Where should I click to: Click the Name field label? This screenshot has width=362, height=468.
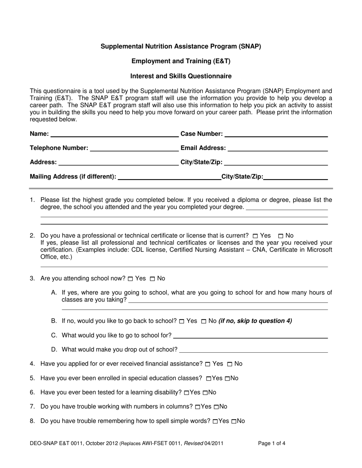39,134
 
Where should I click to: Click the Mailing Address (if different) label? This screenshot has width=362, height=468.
73,176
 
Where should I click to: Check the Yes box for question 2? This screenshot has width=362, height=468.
255,236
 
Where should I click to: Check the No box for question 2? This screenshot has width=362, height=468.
281,236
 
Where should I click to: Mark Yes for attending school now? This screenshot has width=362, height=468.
130,279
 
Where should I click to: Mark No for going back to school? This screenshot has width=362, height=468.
203,322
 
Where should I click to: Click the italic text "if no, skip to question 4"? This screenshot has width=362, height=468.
255,321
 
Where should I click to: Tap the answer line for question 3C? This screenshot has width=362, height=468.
250,337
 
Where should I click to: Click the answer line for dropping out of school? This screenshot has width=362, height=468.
253,351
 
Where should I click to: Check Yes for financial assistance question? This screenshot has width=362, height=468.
208,364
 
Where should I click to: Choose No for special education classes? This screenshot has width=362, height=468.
227,379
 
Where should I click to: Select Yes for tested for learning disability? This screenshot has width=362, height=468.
186,393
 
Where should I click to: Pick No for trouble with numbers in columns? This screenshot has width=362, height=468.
216,407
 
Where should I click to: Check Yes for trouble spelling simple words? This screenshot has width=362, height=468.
215,422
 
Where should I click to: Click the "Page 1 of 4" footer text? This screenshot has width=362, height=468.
271,443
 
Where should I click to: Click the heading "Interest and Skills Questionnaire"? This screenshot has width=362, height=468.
181,76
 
